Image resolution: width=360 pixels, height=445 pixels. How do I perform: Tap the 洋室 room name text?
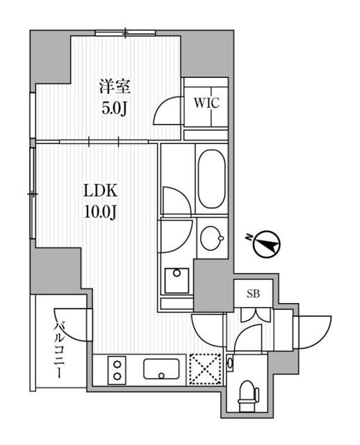(x=114, y=88)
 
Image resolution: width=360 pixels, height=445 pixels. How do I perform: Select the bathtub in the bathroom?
(x=211, y=179)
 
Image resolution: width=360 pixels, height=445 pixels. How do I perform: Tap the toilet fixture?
(x=246, y=396)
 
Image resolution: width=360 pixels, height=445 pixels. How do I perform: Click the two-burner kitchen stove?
(x=116, y=369)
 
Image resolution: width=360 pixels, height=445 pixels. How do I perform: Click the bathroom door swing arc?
(x=174, y=201)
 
